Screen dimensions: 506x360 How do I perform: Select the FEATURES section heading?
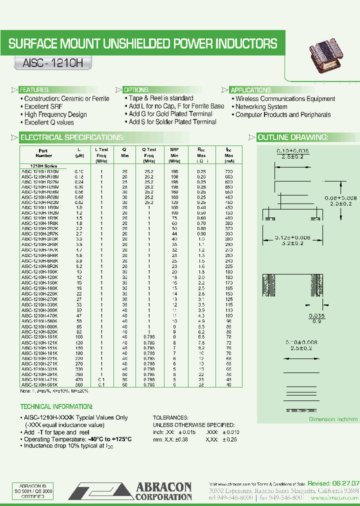click(x=34, y=90)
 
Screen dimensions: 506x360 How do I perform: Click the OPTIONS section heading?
click(x=136, y=90)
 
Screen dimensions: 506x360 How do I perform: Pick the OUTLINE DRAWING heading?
click(x=292, y=137)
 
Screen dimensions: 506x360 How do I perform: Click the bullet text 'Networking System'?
click(x=261, y=106)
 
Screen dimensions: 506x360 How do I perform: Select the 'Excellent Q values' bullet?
click(x=49, y=122)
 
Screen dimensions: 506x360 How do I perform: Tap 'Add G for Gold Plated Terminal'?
click(x=170, y=114)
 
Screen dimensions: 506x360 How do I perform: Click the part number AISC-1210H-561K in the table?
click(x=40, y=384)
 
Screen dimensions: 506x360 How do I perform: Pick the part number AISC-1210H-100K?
click(x=40, y=271)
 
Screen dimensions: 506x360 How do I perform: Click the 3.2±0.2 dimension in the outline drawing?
click(x=293, y=243)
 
